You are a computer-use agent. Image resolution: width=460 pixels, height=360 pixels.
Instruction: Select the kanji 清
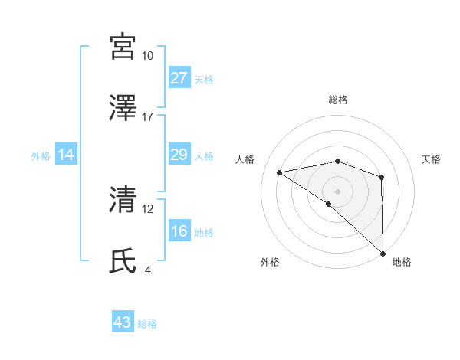pos(123,200)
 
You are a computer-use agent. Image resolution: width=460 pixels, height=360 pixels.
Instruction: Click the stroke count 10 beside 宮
pos(147,56)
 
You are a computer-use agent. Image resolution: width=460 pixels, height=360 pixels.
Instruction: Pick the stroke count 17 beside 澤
pos(147,116)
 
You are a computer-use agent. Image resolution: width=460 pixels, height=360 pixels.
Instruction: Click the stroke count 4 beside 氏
pos(148,270)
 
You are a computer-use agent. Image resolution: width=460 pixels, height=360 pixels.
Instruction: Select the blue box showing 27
pos(179,78)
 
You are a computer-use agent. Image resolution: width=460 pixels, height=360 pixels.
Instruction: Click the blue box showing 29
pos(179,155)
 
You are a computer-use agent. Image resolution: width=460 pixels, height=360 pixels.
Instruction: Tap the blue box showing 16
pos(179,232)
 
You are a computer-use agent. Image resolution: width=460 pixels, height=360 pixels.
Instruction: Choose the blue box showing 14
pos(66,155)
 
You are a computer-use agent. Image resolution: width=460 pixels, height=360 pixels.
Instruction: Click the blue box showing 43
pos(123,323)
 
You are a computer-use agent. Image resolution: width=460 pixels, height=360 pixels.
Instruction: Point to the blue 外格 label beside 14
pos(41,156)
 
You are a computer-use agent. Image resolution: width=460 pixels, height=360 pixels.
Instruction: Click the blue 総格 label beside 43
pos(147,324)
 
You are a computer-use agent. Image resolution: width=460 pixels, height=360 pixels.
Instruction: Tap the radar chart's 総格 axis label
pos(338,100)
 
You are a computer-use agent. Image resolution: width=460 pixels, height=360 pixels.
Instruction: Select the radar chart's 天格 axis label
pos(432,159)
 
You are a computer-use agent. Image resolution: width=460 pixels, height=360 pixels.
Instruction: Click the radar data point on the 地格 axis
pos(383,254)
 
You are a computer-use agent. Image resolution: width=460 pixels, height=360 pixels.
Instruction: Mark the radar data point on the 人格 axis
pos(280,172)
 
